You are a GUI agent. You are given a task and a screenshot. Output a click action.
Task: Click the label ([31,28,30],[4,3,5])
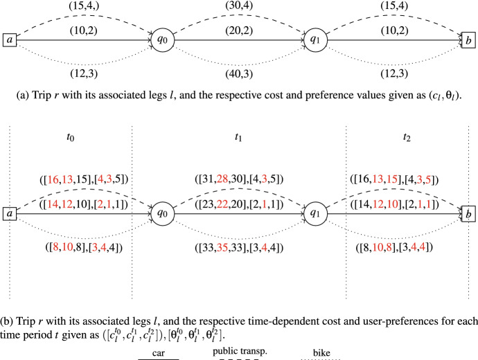pos(239,182)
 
